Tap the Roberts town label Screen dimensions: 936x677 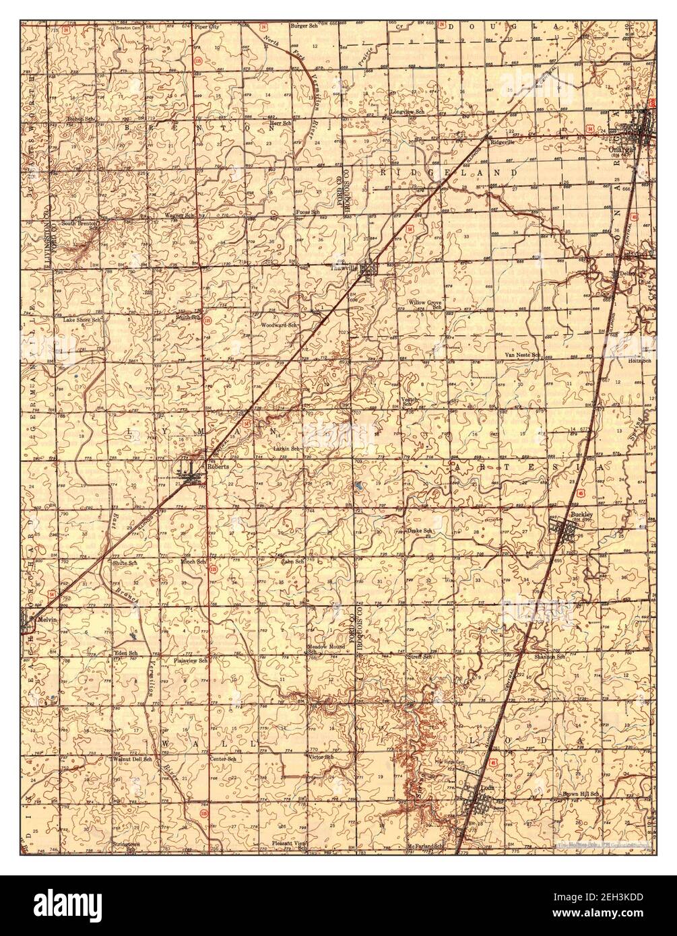[x=218, y=467]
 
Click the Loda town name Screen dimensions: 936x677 [x=487, y=787]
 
